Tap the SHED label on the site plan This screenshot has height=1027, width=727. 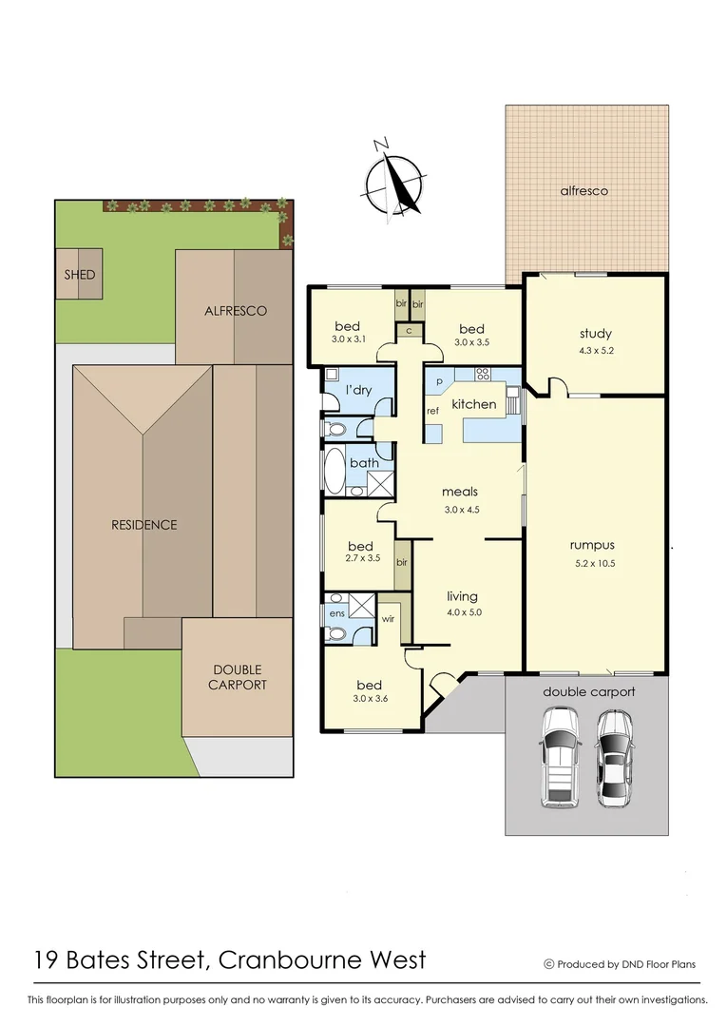tap(79, 275)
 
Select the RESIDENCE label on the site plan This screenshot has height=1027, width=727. tap(143, 524)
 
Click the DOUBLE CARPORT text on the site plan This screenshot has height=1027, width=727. tap(238, 677)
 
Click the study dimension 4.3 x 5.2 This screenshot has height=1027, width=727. tap(595, 350)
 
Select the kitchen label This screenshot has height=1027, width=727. tap(473, 404)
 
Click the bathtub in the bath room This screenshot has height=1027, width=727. tap(335, 470)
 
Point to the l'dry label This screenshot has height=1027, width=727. tap(358, 391)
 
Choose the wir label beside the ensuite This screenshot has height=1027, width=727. tap(388, 618)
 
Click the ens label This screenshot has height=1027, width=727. tap(335, 613)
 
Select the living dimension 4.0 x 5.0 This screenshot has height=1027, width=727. tap(465, 612)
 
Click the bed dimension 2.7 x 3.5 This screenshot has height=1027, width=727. tap(360, 558)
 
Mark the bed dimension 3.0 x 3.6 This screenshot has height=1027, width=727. tap(369, 700)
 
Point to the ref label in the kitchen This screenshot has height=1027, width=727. tap(431, 411)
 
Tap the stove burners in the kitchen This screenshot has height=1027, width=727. tap(482, 374)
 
